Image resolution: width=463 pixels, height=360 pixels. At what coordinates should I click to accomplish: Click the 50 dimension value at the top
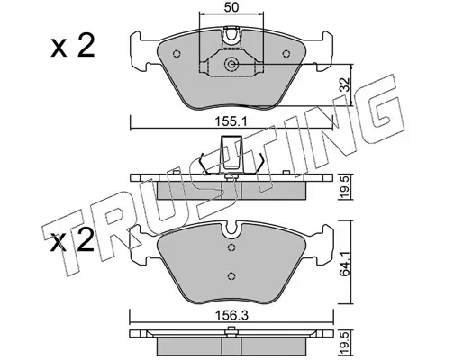tap(231, 7)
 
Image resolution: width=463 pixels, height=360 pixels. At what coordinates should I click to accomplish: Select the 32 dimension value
tap(345, 85)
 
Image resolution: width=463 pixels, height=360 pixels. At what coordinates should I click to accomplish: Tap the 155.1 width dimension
tap(231, 121)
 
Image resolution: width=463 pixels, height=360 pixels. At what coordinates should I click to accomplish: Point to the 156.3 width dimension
tap(231, 316)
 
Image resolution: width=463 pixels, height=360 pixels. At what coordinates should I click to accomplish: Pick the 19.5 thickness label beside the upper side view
tap(346, 187)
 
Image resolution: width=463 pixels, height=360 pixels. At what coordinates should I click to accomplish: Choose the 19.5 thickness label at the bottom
tap(346, 343)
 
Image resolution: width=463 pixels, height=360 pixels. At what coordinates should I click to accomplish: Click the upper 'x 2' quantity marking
tap(72, 46)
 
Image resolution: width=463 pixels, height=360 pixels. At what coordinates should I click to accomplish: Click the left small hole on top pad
tap(177, 54)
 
